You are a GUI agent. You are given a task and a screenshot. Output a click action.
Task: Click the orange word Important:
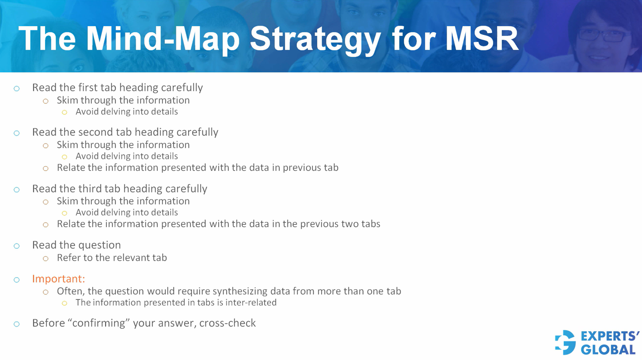click(58, 279)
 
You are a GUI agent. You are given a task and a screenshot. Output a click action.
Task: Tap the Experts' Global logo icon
click(566, 342)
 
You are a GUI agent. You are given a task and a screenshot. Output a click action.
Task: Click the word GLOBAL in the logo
click(608, 350)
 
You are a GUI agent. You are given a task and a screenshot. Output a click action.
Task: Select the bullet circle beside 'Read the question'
click(16, 246)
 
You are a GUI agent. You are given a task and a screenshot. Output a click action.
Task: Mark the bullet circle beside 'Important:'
click(16, 280)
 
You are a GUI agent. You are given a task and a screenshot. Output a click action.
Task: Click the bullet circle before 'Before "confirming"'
click(16, 324)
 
